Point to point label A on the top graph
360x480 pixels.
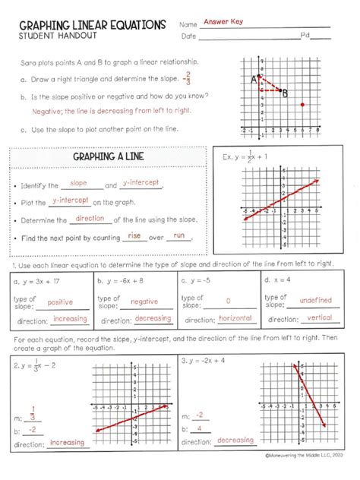pyautogui.click(x=253, y=78)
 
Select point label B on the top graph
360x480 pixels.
pyautogui.click(x=285, y=94)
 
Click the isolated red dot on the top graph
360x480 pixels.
pyautogui.click(x=303, y=104)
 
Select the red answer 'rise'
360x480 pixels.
pyautogui.click(x=135, y=235)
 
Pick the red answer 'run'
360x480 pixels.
pyautogui.click(x=179, y=235)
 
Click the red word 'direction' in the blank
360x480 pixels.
pyautogui.click(x=90, y=219)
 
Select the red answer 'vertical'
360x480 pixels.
pyautogui.click(x=320, y=318)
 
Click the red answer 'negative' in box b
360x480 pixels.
pyautogui.click(x=144, y=302)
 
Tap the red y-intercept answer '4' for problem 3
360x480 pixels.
pyautogui.click(x=200, y=428)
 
